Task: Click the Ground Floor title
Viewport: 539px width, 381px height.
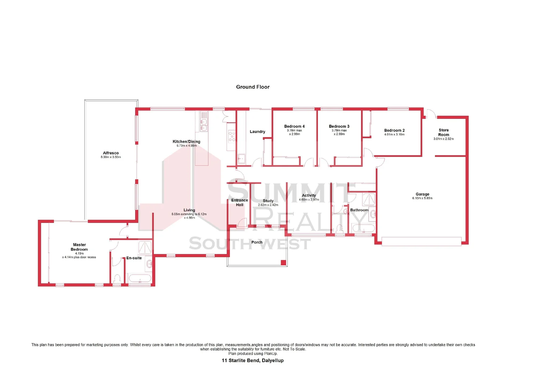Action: tap(253, 87)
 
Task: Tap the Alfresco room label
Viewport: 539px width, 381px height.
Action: tap(111, 153)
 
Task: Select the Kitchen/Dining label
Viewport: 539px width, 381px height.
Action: tap(186, 141)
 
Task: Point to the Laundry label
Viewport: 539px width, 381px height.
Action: tap(257, 132)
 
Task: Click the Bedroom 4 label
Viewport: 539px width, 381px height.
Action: tap(294, 126)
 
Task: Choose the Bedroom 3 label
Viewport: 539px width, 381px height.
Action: tap(339, 126)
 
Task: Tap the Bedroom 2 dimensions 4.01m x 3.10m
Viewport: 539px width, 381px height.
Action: tap(394, 134)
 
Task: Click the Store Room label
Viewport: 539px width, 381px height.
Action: tap(443, 132)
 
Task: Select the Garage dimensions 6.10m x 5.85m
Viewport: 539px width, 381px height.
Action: tap(422, 198)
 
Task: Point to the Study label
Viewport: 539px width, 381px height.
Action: tap(268, 201)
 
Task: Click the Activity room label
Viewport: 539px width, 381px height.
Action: tap(309, 195)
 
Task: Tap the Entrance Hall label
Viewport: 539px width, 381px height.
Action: tap(240, 202)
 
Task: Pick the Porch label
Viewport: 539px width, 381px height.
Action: tap(257, 242)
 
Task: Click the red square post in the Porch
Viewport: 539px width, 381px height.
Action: tap(283, 262)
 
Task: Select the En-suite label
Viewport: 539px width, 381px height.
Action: tap(134, 258)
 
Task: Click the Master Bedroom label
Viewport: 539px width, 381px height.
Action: tap(79, 247)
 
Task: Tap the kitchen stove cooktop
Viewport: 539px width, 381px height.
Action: tap(232, 136)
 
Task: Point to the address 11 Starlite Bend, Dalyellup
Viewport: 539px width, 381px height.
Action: tap(253, 361)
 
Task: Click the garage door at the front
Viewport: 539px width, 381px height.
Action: tap(421, 242)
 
